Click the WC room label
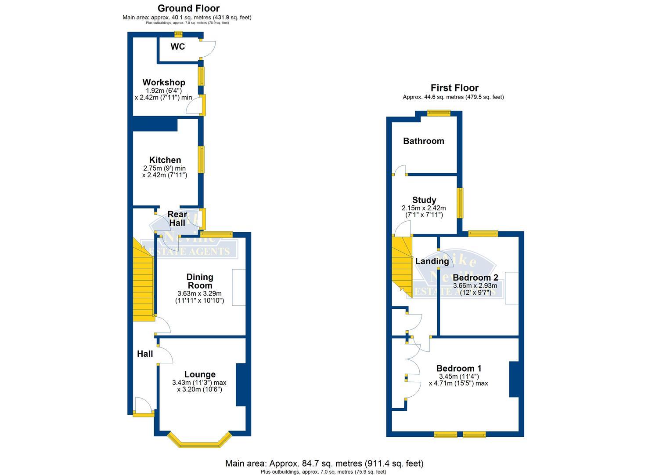coord(178,47)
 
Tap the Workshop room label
coord(164,82)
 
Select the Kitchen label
coord(165,160)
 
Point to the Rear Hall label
coord(177,219)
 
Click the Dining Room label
coord(200,281)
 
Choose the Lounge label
coord(200,374)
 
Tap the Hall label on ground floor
coord(145,354)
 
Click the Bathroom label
coord(424,141)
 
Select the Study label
coord(424,200)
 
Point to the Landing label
coord(432,261)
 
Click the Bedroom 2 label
coord(475,278)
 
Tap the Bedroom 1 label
coord(459,369)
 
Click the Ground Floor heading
coord(188,8)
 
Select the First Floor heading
coord(454,88)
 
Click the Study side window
coord(460,203)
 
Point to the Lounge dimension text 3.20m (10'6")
coord(200,389)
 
